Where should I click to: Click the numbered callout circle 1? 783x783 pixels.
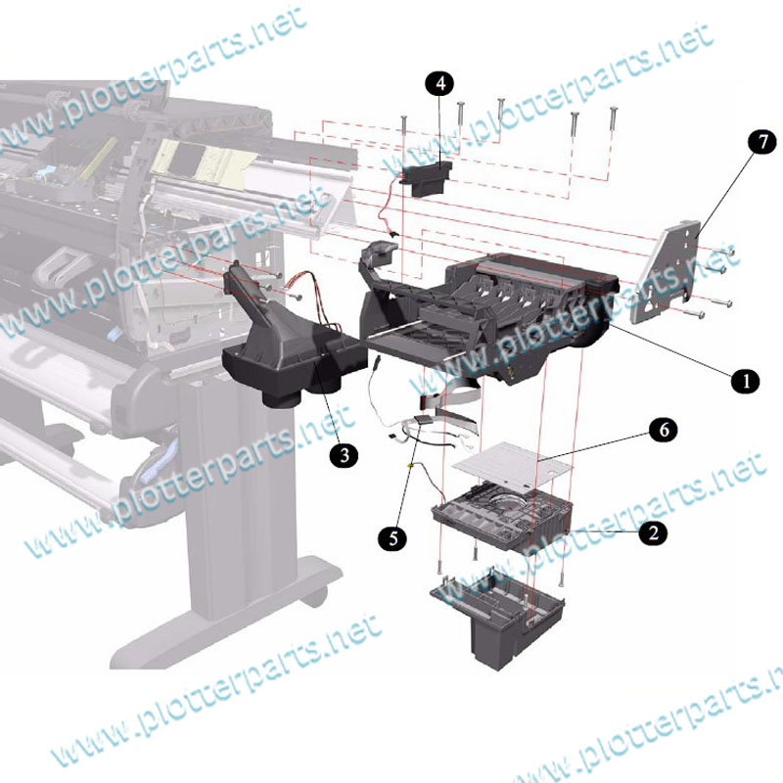(x=746, y=381)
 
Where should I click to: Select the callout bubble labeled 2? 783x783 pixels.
(x=653, y=532)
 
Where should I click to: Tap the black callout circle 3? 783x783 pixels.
(x=345, y=455)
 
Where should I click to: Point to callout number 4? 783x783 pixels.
(x=439, y=83)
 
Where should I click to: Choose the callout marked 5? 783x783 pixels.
(x=393, y=538)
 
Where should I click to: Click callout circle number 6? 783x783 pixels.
(x=664, y=430)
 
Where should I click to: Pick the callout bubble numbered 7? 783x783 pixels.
(x=762, y=142)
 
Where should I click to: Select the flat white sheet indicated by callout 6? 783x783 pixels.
(x=512, y=464)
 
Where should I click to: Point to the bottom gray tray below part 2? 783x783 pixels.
(x=497, y=617)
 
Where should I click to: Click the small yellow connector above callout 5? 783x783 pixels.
(x=411, y=466)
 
